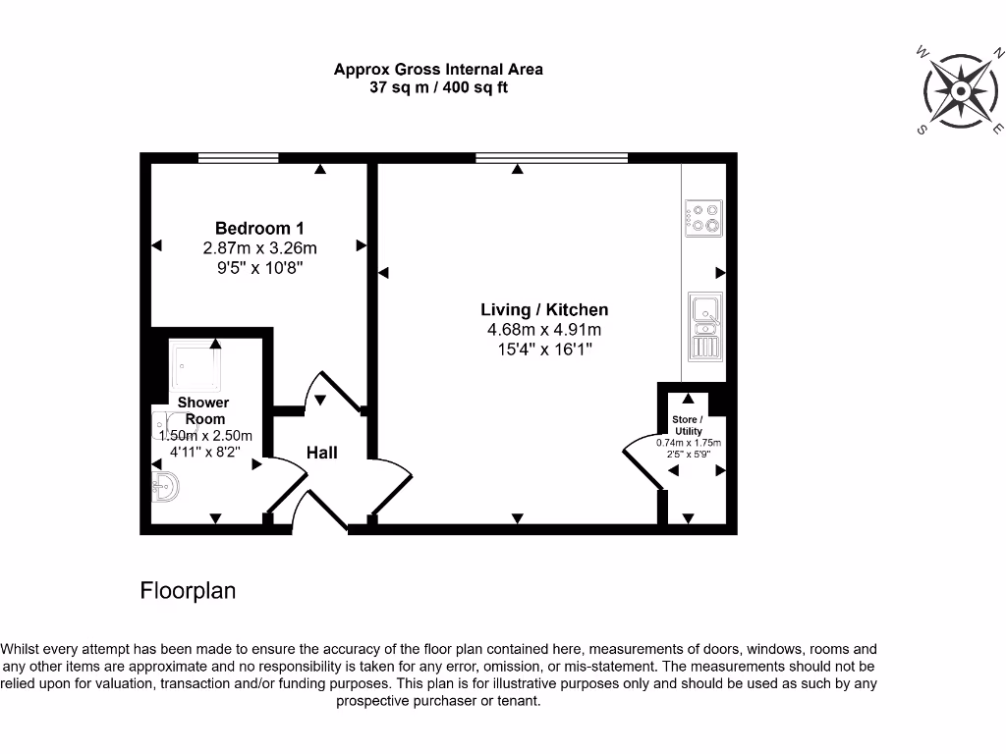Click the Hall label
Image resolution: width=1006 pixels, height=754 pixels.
tap(322, 452)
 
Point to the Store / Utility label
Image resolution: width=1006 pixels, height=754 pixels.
tap(688, 425)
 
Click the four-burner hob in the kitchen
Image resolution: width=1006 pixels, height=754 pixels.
tap(703, 217)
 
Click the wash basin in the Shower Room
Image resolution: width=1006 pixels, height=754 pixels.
tap(166, 485)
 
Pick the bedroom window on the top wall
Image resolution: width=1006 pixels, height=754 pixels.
tap(238, 157)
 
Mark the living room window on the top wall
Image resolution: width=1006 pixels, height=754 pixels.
tap(551, 157)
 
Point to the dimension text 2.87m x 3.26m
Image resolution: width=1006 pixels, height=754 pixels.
tap(259, 248)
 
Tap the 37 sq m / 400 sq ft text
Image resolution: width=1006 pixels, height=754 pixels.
tap(438, 87)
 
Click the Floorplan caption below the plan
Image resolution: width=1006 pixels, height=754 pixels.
tap(188, 590)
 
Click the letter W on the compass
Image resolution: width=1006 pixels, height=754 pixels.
tap(922, 51)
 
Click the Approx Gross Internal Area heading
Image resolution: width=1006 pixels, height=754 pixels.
tap(438, 69)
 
